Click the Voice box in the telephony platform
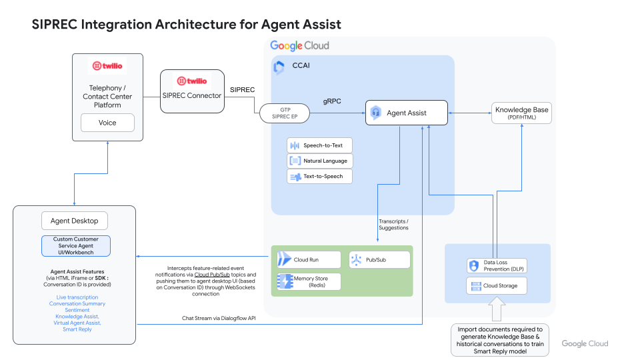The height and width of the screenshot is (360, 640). pyautogui.click(x=107, y=123)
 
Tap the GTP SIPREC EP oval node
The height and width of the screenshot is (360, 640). pyautogui.click(x=285, y=113)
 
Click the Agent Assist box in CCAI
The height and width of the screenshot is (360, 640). pyautogui.click(x=406, y=113)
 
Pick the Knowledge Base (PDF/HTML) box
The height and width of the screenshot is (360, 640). pyautogui.click(x=522, y=113)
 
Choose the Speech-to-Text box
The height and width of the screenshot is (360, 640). pyautogui.click(x=319, y=145)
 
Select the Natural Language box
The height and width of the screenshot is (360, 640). pyautogui.click(x=319, y=161)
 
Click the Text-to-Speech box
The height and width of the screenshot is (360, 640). pyautogui.click(x=319, y=176)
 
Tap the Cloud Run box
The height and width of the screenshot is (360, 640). pyautogui.click(x=306, y=259)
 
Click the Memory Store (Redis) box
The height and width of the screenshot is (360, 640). pyautogui.click(x=308, y=281)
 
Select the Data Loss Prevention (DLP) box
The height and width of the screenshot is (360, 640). pyautogui.click(x=497, y=266)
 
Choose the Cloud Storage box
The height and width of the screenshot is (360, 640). pyautogui.click(x=497, y=286)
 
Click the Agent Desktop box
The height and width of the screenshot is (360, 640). pyautogui.click(x=74, y=221)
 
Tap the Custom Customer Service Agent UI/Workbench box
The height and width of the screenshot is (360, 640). pyautogui.click(x=75, y=245)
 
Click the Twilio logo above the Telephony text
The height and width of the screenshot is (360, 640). pyautogui.click(x=107, y=66)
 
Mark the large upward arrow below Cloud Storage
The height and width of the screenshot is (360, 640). pyautogui.click(x=497, y=309)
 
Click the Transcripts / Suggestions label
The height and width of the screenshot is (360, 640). pyautogui.click(x=393, y=224)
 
